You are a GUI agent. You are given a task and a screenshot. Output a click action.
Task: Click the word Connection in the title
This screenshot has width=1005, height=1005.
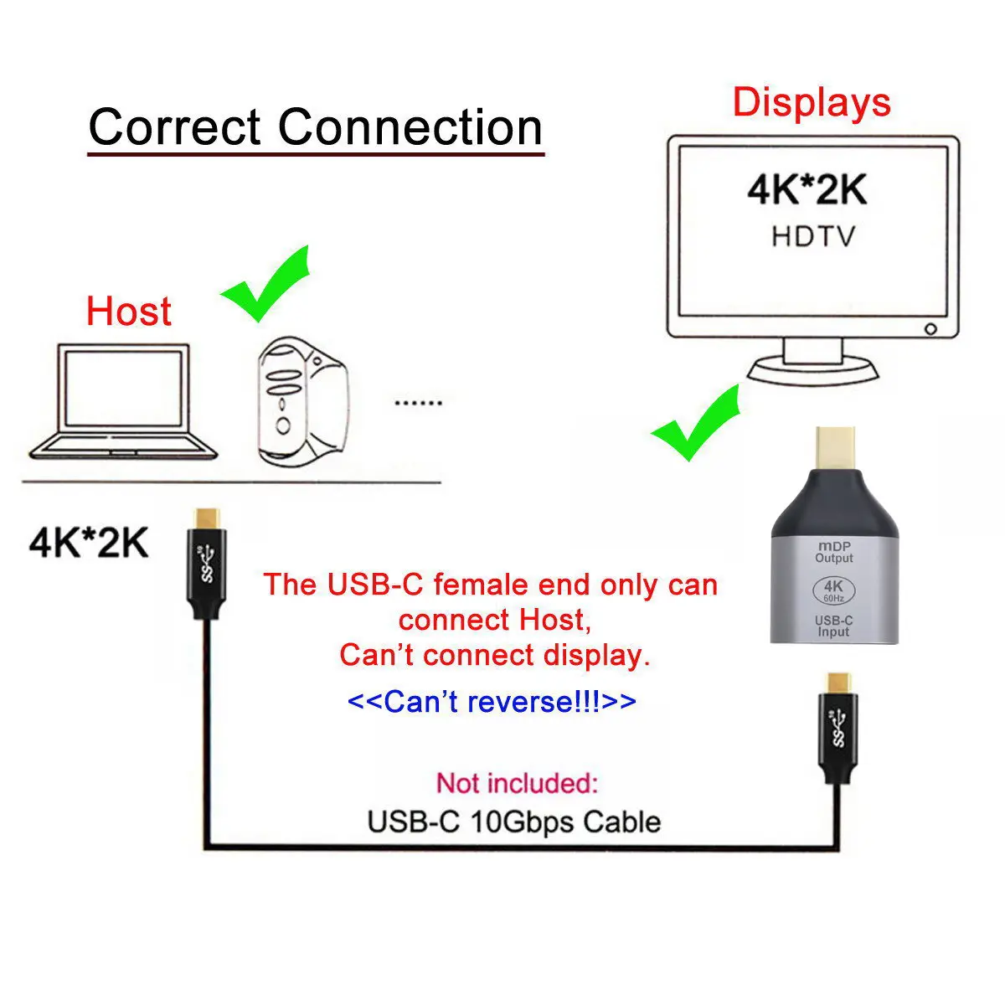coord(410,127)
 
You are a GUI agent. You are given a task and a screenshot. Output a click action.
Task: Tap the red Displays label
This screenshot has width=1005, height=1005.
coord(811,102)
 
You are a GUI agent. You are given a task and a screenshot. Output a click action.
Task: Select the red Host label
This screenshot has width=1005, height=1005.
coord(128,312)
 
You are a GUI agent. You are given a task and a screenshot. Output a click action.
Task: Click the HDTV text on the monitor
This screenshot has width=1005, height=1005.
coord(813,236)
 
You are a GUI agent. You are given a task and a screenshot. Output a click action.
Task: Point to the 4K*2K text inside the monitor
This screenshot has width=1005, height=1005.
coord(807,190)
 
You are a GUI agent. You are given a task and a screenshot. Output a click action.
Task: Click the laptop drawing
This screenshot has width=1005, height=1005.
coord(122,402)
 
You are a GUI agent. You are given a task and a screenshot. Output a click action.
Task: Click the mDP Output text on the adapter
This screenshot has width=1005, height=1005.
coord(834,552)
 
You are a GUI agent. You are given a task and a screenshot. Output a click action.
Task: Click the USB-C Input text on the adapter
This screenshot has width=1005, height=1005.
coord(834,626)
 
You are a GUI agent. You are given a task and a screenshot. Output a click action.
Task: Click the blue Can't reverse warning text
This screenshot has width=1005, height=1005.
coord(491,702)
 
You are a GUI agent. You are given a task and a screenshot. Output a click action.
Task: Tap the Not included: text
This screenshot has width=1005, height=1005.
coord(517,784)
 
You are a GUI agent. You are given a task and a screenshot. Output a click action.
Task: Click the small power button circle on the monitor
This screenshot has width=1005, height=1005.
coord(930,329)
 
